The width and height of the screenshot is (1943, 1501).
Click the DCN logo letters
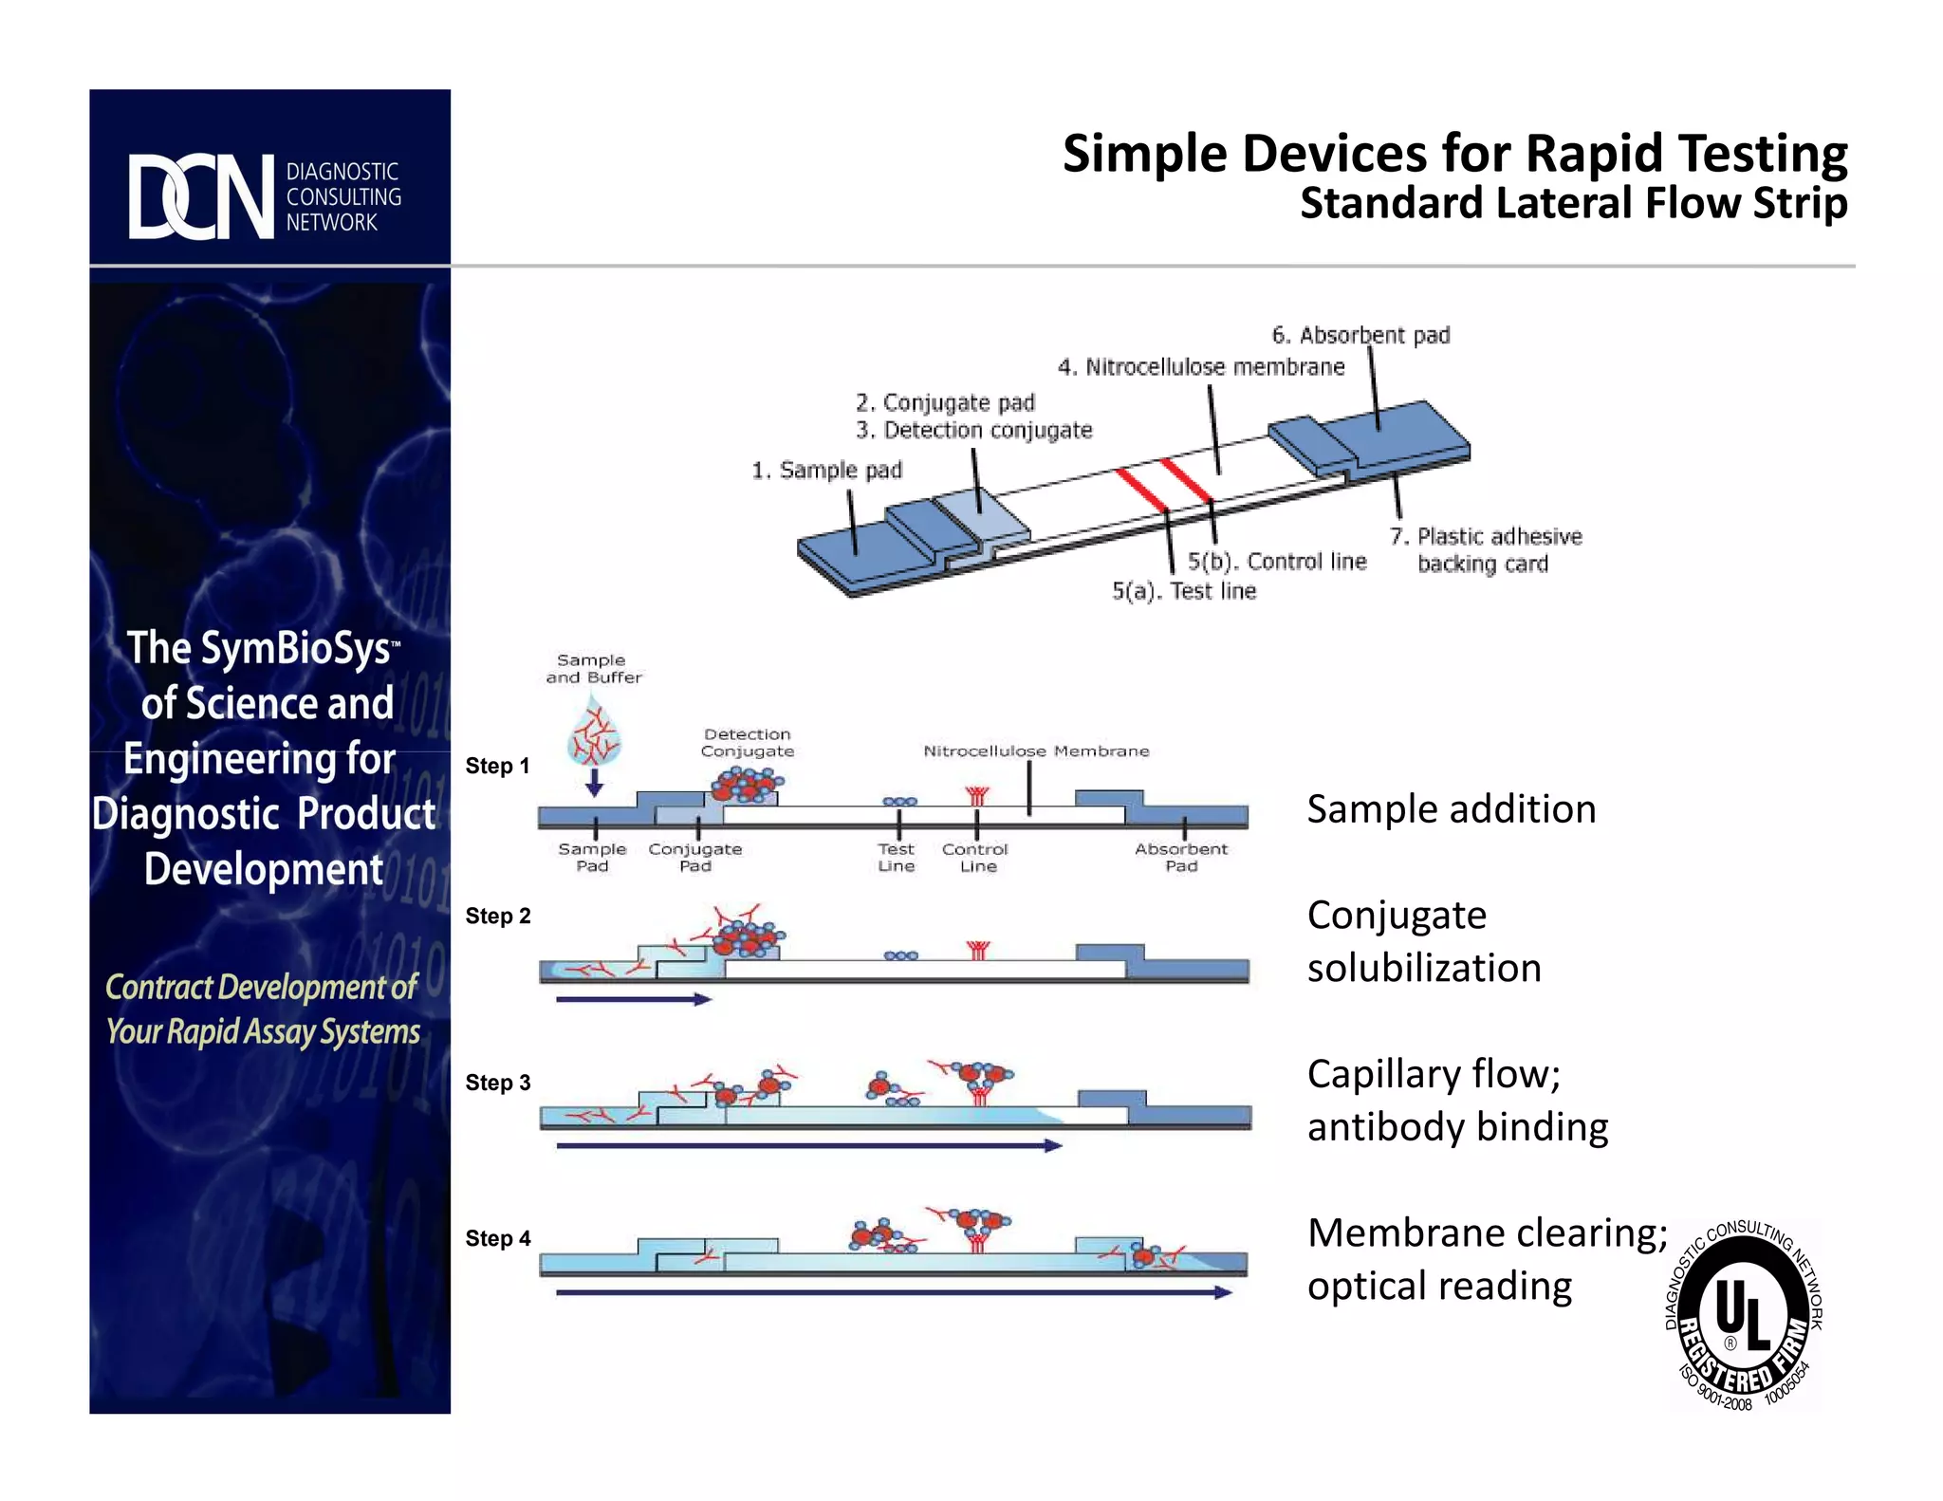pos(201,196)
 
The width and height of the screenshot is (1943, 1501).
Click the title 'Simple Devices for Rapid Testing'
pos(1454,154)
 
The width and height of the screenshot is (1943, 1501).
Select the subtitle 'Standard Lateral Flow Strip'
pos(1573,203)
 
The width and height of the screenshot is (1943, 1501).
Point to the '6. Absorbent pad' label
pos(1360,335)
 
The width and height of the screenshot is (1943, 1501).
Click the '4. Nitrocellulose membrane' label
pos(1201,367)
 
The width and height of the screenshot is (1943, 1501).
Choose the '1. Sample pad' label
pos(826,471)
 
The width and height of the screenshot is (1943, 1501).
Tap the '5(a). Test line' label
pos(1184,591)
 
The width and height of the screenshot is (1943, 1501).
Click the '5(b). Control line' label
pos(1277,562)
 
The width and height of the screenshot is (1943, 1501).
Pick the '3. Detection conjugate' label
pos(974,431)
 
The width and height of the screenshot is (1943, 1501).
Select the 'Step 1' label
pos(497,766)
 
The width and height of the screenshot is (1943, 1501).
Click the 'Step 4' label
pos(498,1238)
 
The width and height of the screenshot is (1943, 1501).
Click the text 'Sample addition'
pos(1452,809)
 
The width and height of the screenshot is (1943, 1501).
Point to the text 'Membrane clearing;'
pos(1487,1233)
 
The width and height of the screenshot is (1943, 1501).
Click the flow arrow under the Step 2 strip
pos(633,999)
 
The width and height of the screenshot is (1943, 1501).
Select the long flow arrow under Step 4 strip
pos(893,1292)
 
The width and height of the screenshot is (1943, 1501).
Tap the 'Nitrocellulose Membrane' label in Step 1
pos(1036,751)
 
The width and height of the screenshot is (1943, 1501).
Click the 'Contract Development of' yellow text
pos(261,988)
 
